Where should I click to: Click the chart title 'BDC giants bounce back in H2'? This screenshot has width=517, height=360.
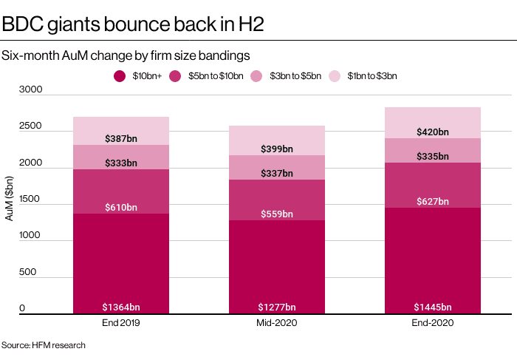pyautogui.click(x=133, y=24)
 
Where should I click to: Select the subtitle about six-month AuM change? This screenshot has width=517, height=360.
pyautogui.click(x=125, y=55)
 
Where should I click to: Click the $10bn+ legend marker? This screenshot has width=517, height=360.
pyautogui.click(x=120, y=75)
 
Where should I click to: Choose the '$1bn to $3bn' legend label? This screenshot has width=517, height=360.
pyautogui.click(x=372, y=75)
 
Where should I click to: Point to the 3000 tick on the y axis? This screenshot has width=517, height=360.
pyautogui.click(x=32, y=90)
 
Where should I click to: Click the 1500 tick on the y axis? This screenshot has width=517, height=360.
pyautogui.click(x=32, y=200)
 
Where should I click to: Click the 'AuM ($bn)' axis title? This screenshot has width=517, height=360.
pyautogui.click(x=10, y=200)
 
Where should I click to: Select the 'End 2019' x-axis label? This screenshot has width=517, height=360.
pyautogui.click(x=121, y=324)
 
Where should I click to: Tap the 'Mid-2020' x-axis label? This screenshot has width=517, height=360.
pyautogui.click(x=277, y=324)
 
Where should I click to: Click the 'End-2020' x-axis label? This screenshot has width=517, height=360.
pyautogui.click(x=433, y=324)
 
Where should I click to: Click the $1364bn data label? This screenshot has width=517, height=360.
pyautogui.click(x=121, y=307)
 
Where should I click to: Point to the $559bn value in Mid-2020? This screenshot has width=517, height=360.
pyautogui.click(x=277, y=214)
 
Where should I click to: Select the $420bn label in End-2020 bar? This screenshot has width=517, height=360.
pyautogui.click(x=433, y=132)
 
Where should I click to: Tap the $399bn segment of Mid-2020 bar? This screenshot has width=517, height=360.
pyautogui.click(x=277, y=140)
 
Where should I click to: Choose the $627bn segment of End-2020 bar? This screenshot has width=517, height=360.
pyautogui.click(x=433, y=185)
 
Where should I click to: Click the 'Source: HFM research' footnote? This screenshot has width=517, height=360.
pyautogui.click(x=44, y=345)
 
